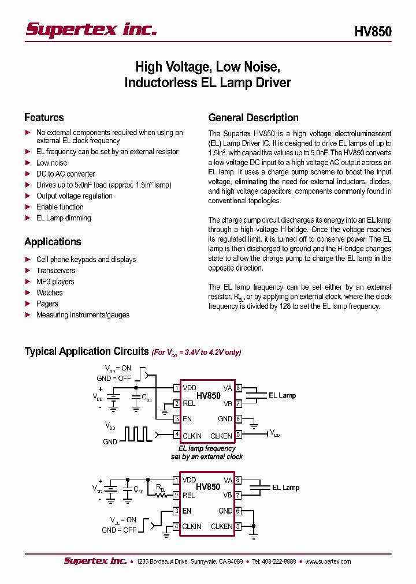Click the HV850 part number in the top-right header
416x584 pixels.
click(x=373, y=31)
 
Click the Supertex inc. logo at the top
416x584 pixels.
click(x=91, y=29)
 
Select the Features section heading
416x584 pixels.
click(x=44, y=118)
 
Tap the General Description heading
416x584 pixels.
click(x=253, y=118)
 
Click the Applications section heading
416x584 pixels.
click(x=53, y=242)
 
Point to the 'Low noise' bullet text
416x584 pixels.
click(x=51, y=163)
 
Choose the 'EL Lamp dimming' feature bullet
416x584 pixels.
click(x=64, y=218)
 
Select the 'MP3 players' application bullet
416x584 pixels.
click(x=55, y=282)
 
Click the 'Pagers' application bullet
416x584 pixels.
click(x=47, y=304)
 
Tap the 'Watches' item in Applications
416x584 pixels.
click(x=49, y=293)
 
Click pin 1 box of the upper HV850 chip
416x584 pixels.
click(x=176, y=388)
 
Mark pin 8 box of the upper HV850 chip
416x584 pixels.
click(x=238, y=388)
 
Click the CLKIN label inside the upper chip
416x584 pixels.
click(x=192, y=436)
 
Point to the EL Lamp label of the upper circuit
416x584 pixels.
click(x=282, y=395)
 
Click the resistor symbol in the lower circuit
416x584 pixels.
click(x=158, y=495)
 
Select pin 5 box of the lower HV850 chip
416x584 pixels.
click(x=238, y=526)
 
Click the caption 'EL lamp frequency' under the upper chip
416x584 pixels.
click(x=207, y=448)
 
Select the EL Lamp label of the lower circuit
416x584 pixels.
click(x=285, y=488)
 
